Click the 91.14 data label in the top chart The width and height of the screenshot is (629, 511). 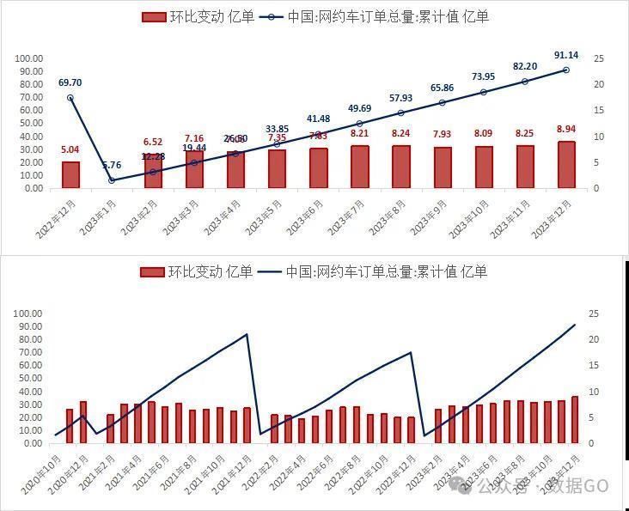pyautogui.click(x=566, y=55)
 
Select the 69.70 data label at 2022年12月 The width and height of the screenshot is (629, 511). pyautogui.click(x=70, y=82)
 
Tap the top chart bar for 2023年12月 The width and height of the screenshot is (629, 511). pyautogui.click(x=566, y=165)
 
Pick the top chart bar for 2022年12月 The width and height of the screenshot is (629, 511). pyautogui.click(x=70, y=174)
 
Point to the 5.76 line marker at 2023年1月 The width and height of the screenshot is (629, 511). pyautogui.click(x=112, y=180)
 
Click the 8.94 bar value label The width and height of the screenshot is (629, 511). pyautogui.click(x=566, y=129)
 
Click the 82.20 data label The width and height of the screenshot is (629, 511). pyautogui.click(x=525, y=67)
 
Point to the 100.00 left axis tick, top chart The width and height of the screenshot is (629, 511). pyautogui.click(x=29, y=58)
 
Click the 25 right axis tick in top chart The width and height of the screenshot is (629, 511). pyautogui.click(x=599, y=58)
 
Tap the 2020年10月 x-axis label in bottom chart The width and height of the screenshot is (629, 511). pyautogui.click(x=50, y=471)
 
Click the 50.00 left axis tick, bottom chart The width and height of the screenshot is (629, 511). pyautogui.click(x=29, y=379)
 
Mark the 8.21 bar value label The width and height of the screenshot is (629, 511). pyautogui.click(x=359, y=133)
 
